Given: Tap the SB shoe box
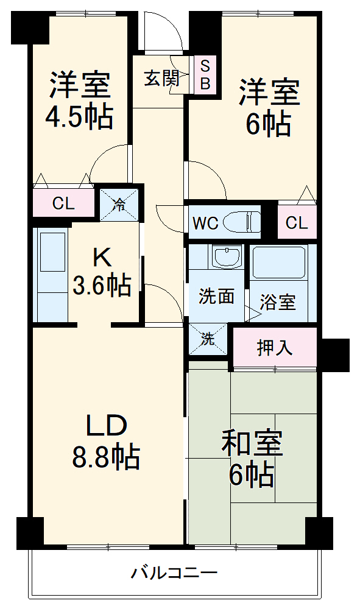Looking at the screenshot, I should pyautogui.click(x=205, y=74).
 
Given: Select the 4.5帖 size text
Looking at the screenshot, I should pyautogui.click(x=79, y=117).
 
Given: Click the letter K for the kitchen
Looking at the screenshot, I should pyautogui.click(x=102, y=258).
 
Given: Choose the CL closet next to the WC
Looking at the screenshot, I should pyautogui.click(x=297, y=223).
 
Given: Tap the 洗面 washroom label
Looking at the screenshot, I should pyautogui.click(x=217, y=297).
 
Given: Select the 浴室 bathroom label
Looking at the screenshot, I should pyautogui.click(x=278, y=303).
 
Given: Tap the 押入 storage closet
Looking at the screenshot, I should pyautogui.click(x=275, y=348).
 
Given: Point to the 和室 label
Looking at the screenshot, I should pyautogui.click(x=252, y=445).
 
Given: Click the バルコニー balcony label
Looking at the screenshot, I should pyautogui.click(x=175, y=573).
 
